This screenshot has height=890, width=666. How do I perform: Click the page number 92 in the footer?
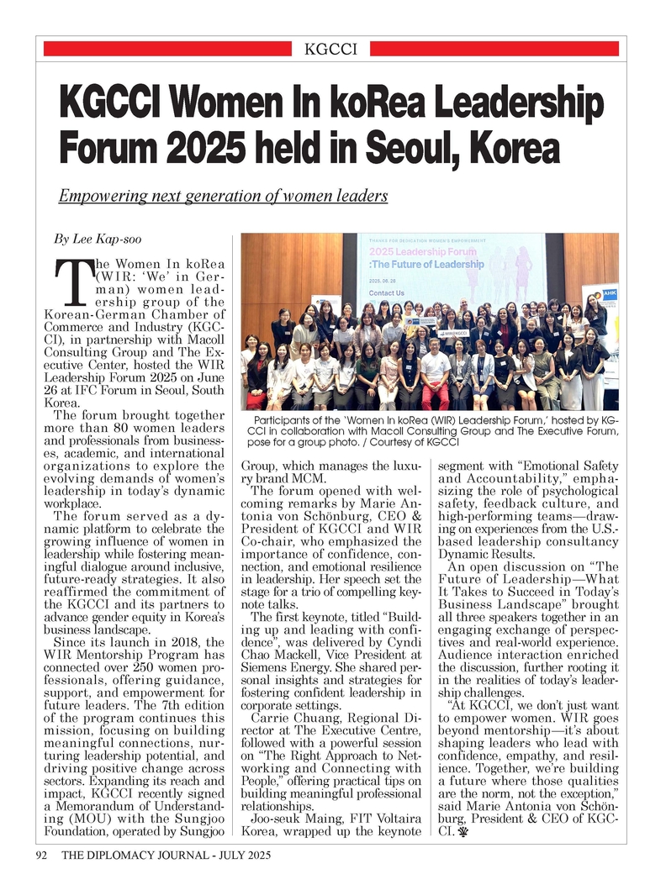pos(40,856)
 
